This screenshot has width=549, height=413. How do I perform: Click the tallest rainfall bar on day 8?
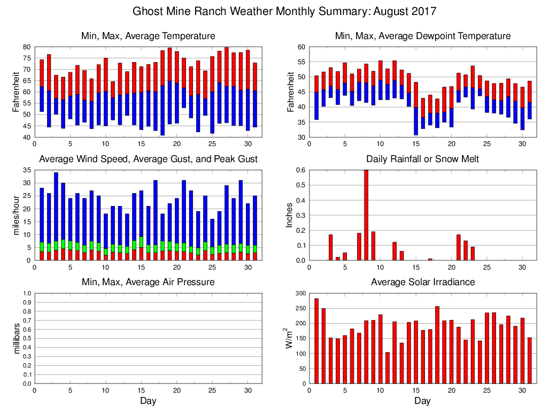[x=366, y=214]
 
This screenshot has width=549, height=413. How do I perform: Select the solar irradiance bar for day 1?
[x=316, y=341]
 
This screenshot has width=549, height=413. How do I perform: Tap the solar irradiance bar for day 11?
[x=388, y=368]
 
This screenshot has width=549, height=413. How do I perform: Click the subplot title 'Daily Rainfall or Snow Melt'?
[x=422, y=159]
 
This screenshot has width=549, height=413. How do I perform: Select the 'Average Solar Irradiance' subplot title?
[x=422, y=282]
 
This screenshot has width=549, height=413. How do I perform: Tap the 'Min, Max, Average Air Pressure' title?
[x=148, y=282]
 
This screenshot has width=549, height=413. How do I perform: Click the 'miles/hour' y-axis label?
[x=16, y=215]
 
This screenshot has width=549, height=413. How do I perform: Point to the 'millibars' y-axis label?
[x=16, y=338]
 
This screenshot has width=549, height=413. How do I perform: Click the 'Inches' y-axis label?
[x=289, y=215]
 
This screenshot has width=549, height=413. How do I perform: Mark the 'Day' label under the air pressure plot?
[x=148, y=401]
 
